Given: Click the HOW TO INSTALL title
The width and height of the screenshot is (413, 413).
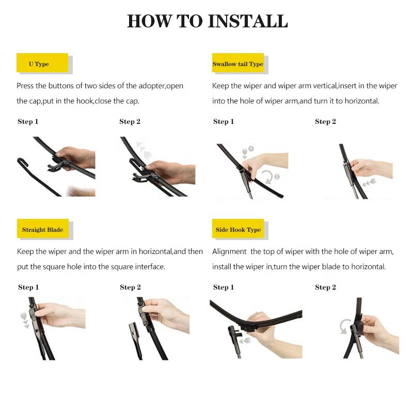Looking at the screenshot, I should pyautogui.click(x=207, y=22).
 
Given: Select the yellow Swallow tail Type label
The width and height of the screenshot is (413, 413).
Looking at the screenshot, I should pyautogui.click(x=237, y=64).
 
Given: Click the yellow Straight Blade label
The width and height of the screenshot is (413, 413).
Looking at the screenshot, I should pyautogui.click(x=42, y=230).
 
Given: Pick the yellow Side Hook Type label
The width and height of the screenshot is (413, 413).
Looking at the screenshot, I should pyautogui.click(x=238, y=230).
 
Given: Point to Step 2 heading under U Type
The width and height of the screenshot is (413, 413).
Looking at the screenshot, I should pyautogui.click(x=130, y=122).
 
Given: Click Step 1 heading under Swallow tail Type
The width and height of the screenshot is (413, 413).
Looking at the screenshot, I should pyautogui.click(x=224, y=122).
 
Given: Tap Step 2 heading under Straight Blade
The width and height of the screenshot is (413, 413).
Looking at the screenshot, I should pyautogui.click(x=130, y=287).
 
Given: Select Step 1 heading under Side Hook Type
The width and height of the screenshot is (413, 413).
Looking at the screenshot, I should pyautogui.click(x=224, y=287).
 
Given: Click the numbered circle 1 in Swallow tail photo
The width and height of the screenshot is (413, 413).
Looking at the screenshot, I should pyautogui.click(x=251, y=149).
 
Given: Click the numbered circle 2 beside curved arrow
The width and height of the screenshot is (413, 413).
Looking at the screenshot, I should pyautogui.click(x=277, y=177).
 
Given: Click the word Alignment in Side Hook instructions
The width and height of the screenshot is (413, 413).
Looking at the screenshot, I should pyautogui.click(x=229, y=251).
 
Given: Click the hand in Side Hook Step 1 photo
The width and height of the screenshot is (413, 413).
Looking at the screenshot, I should pyautogui.click(x=264, y=330).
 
